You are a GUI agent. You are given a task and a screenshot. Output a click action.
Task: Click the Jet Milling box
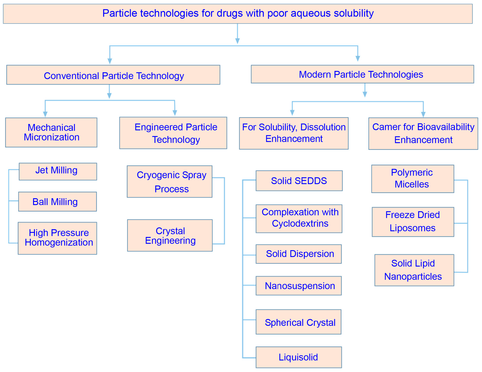58,171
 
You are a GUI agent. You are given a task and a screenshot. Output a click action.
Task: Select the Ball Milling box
57,202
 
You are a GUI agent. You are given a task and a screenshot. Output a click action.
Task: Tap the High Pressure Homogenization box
57,238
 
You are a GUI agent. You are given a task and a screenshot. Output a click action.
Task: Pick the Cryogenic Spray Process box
169,182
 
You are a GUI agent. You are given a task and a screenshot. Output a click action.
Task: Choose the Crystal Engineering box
170,235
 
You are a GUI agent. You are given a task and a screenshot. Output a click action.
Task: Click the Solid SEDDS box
299,181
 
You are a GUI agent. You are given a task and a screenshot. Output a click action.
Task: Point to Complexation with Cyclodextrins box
299,218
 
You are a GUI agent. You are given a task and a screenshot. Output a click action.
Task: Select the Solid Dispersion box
299,254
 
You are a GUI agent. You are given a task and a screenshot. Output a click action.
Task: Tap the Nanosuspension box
299,286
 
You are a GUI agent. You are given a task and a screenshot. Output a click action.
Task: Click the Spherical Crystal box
299,322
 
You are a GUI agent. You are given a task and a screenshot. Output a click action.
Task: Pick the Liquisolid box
299,357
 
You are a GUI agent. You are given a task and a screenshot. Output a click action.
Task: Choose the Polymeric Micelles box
413,179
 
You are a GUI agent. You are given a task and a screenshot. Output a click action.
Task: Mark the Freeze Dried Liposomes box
413,222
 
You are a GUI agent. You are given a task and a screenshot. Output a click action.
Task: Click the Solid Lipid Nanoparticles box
414,270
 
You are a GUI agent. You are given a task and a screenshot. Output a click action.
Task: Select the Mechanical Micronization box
51,133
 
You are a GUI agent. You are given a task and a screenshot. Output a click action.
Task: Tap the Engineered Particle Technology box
173,133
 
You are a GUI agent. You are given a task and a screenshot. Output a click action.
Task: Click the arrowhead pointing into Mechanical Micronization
45,114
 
